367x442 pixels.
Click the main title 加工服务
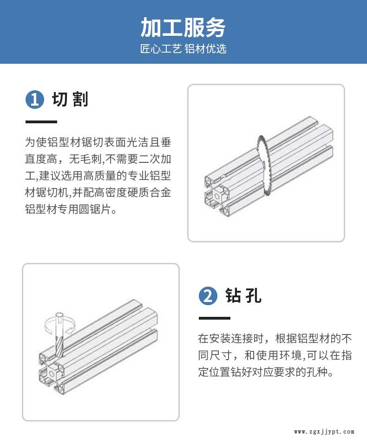pyautogui.click(x=183, y=27)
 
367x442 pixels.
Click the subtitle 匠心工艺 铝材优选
pyautogui.click(x=183, y=49)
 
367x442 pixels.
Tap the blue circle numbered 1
pyautogui.click(x=35, y=99)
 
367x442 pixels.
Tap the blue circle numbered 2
pyautogui.click(x=208, y=296)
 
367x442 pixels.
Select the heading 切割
pyautogui.click(x=70, y=99)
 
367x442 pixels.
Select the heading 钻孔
pyautogui.click(x=243, y=295)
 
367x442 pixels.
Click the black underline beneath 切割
pyautogui.click(x=41, y=122)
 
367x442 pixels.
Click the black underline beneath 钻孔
pyautogui.click(x=215, y=318)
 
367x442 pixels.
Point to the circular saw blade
pyautogui.click(x=263, y=165)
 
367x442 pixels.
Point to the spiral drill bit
pyautogui.click(x=59, y=335)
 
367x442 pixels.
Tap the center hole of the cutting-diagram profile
pyautogui.click(x=217, y=196)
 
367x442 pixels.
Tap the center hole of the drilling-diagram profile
pyautogui.click(x=52, y=374)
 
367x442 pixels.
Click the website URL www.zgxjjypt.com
pyautogui.click(x=324, y=432)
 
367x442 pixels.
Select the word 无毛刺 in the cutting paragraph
pyautogui.click(x=85, y=159)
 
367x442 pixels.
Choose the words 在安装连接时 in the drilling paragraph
pyautogui.click(x=231, y=339)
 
